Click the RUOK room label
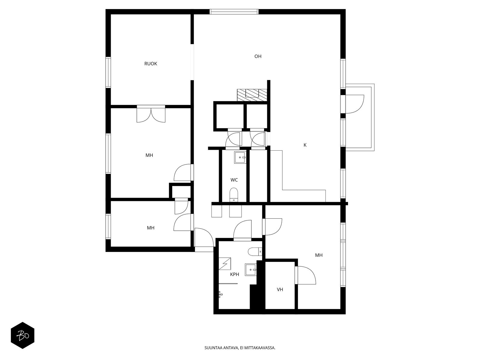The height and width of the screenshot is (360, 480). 151,64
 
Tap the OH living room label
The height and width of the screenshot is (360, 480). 258,56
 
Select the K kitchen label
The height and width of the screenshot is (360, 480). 305,145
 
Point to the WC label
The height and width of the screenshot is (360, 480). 234,180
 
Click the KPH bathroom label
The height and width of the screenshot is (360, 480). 234,274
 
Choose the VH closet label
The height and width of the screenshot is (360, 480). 280,289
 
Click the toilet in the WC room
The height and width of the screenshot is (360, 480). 233,195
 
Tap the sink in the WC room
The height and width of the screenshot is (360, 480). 240,157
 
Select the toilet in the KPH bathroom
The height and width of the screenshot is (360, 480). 255,252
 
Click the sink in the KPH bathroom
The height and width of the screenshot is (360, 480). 250,270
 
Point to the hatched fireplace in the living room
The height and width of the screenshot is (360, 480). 252,95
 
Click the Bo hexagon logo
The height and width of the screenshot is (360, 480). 22,335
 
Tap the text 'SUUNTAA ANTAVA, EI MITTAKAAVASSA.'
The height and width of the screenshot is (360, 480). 240,348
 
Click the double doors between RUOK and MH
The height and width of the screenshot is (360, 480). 151,114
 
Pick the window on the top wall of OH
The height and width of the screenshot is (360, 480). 234,12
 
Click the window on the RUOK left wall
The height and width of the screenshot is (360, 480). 108,73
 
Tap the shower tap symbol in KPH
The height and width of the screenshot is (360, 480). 220,294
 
